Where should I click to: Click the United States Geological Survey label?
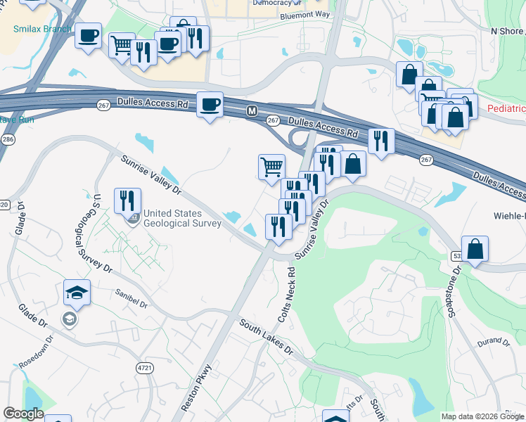182,219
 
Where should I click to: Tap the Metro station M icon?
251,111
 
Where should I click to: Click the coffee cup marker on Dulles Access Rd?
210,105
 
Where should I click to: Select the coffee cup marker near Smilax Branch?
88,36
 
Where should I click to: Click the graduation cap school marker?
77,293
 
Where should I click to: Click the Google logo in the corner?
23,414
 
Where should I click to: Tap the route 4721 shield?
145,367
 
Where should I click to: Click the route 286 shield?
7,140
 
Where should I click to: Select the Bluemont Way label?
304,15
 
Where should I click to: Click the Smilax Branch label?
42,29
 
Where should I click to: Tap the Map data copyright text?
482,416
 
